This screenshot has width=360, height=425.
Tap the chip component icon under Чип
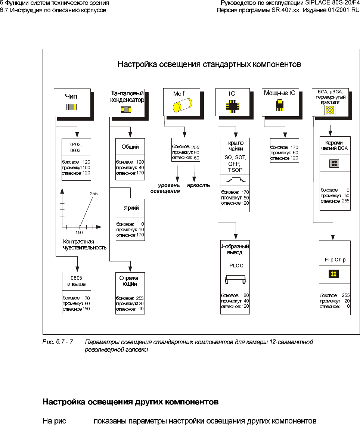(71, 107)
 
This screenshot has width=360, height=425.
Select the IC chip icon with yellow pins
(232, 106)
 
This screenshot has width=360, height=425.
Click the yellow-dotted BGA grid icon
(330, 109)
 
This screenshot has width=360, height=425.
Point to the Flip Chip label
(335, 260)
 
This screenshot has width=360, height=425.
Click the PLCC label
(236, 266)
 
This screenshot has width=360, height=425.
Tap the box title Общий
(130, 147)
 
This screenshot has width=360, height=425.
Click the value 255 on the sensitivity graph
(94, 194)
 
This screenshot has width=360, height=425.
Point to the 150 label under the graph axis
(79, 232)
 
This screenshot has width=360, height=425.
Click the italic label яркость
(198, 185)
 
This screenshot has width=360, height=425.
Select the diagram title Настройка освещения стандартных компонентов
(209, 64)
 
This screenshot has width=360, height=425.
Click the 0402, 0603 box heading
(76, 147)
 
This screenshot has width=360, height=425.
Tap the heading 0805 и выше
(76, 281)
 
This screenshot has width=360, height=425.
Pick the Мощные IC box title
(279, 93)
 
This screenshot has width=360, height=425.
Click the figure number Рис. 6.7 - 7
(58, 341)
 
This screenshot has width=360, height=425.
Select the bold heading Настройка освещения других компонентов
(130, 402)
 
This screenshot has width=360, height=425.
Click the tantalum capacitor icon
(126, 109)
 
